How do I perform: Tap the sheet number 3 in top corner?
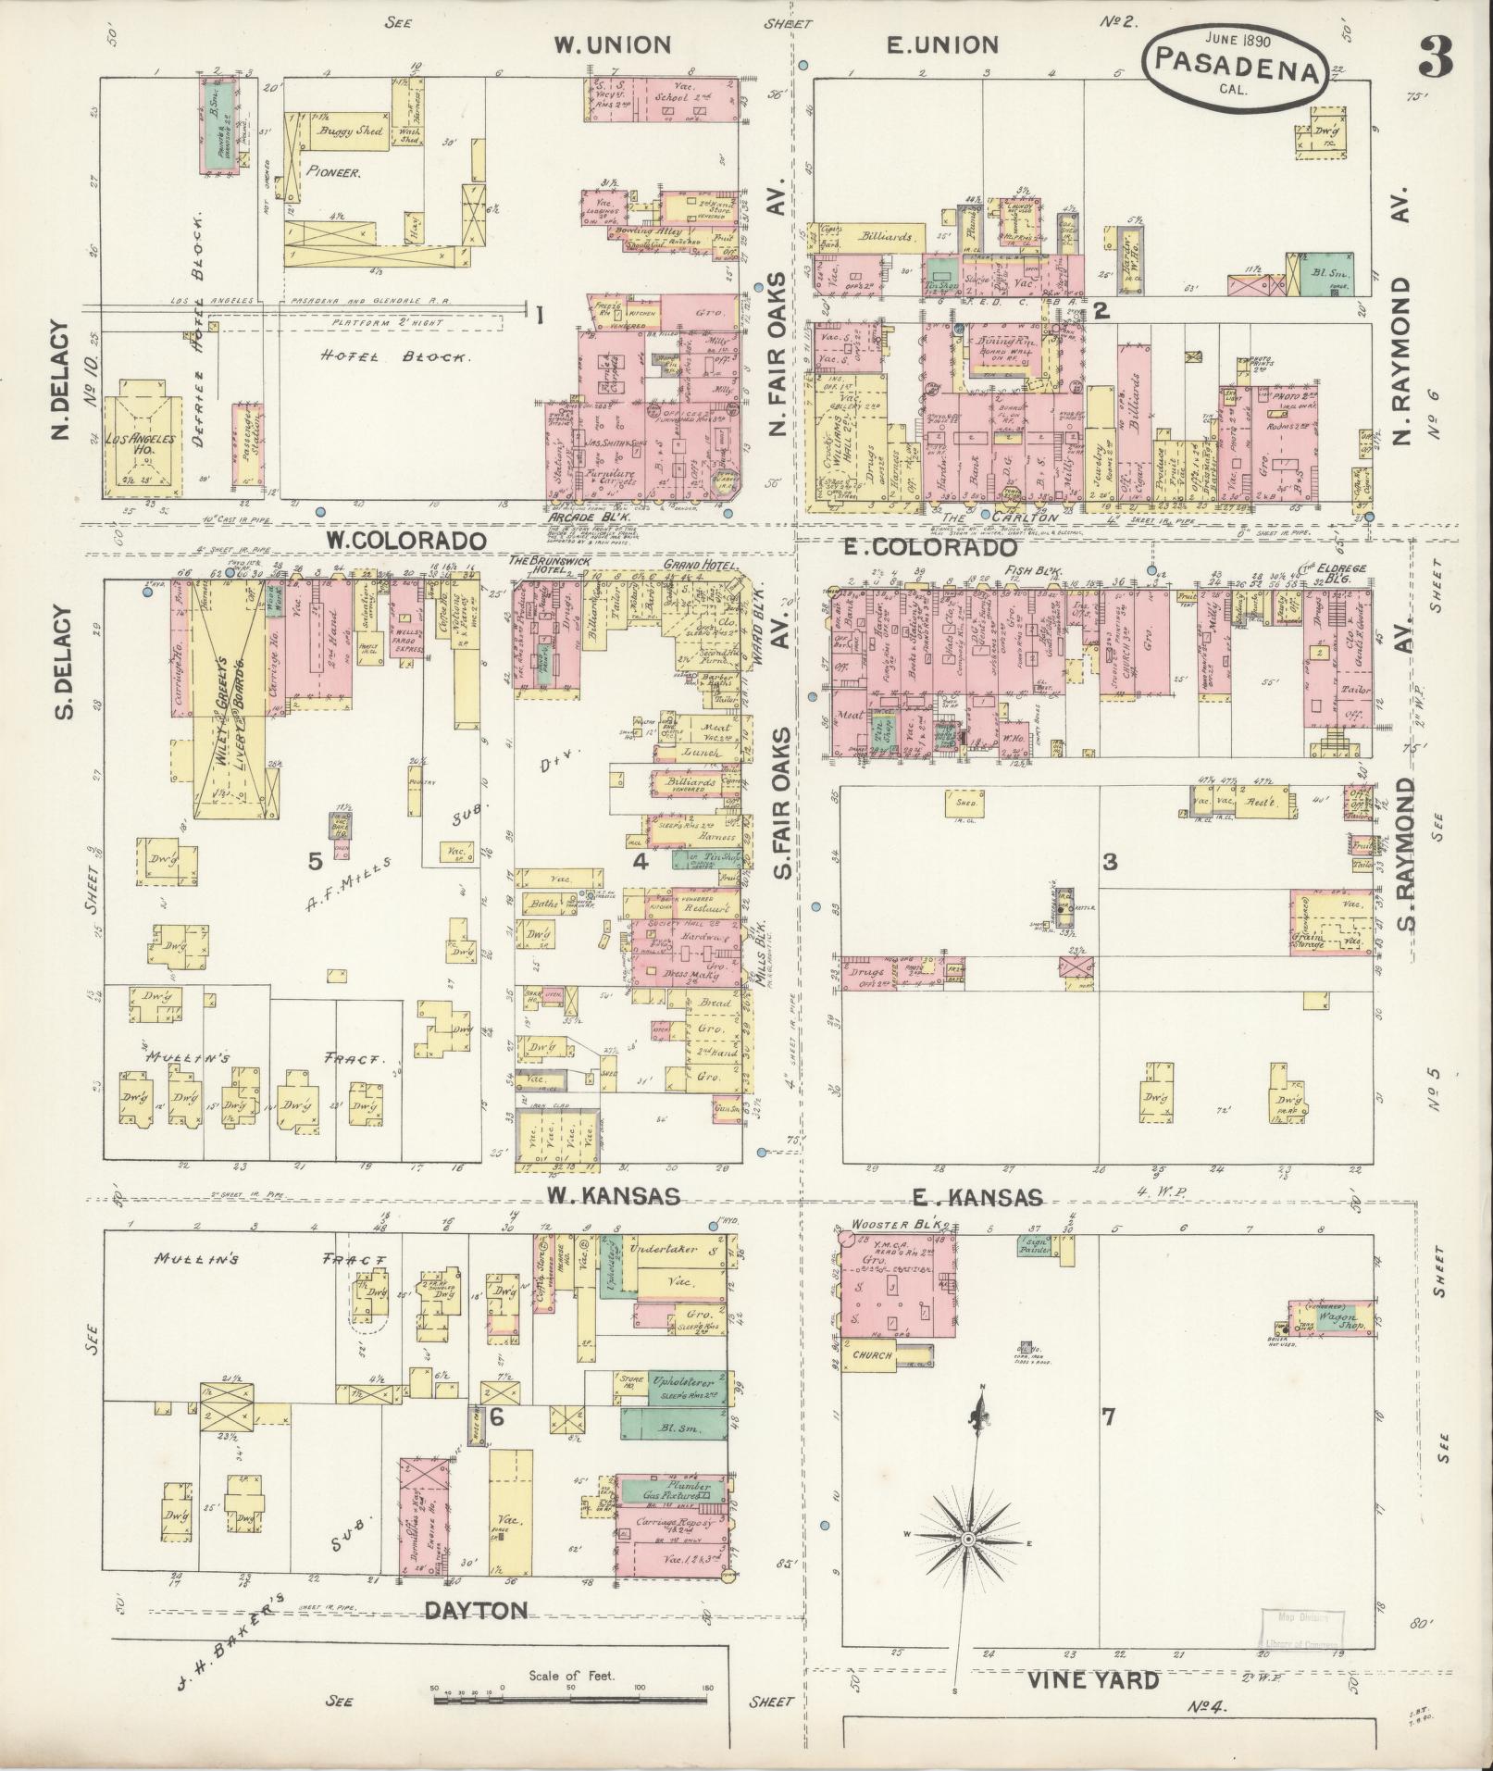[x=1433, y=57]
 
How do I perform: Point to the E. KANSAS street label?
[x=977, y=1198]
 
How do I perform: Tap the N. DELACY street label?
[x=63, y=380]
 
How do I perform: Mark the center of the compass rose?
[x=968, y=1539]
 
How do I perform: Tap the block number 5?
[x=316, y=862]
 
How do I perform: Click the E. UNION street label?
[x=942, y=44]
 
